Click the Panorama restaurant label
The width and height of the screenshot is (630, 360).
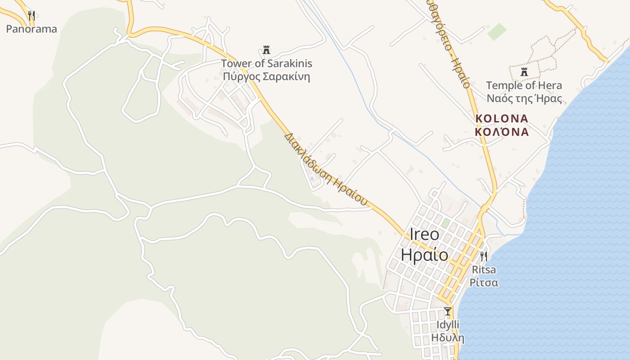coord(31,29)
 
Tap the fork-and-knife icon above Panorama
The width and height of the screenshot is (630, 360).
coord(31,16)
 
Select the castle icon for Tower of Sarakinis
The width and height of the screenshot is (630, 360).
coord(266,49)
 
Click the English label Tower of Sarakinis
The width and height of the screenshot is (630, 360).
coord(266,63)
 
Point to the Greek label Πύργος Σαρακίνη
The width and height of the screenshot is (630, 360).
coord(266,76)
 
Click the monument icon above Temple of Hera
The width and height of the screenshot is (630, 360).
coord(524,72)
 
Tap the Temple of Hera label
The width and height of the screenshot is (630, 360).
coord(524,85)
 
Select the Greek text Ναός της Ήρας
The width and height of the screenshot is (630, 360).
coord(524,98)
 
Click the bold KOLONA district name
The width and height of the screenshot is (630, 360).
coord(502,118)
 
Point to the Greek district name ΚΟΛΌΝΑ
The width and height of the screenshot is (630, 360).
coord(502,132)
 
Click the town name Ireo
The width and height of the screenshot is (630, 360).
coord(424,234)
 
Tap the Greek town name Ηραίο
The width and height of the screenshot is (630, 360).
coord(424,255)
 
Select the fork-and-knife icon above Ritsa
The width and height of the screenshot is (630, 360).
coord(484,256)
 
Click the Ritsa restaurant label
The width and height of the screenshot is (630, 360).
coord(484,270)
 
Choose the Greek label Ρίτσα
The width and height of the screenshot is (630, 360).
coord(484,283)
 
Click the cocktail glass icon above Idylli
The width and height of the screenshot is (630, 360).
coord(447,311)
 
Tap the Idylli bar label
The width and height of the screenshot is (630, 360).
coord(447,324)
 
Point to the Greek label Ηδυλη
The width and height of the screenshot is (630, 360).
coord(447,337)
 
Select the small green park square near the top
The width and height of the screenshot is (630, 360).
coord(497,31)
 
